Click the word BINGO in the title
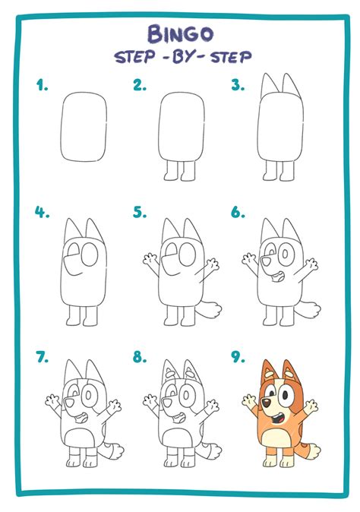click(x=181, y=33)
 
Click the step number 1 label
click(x=42, y=86)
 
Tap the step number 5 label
click(x=139, y=213)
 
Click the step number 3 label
click(x=238, y=86)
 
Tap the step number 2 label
click(x=139, y=86)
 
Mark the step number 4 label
click(x=42, y=213)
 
